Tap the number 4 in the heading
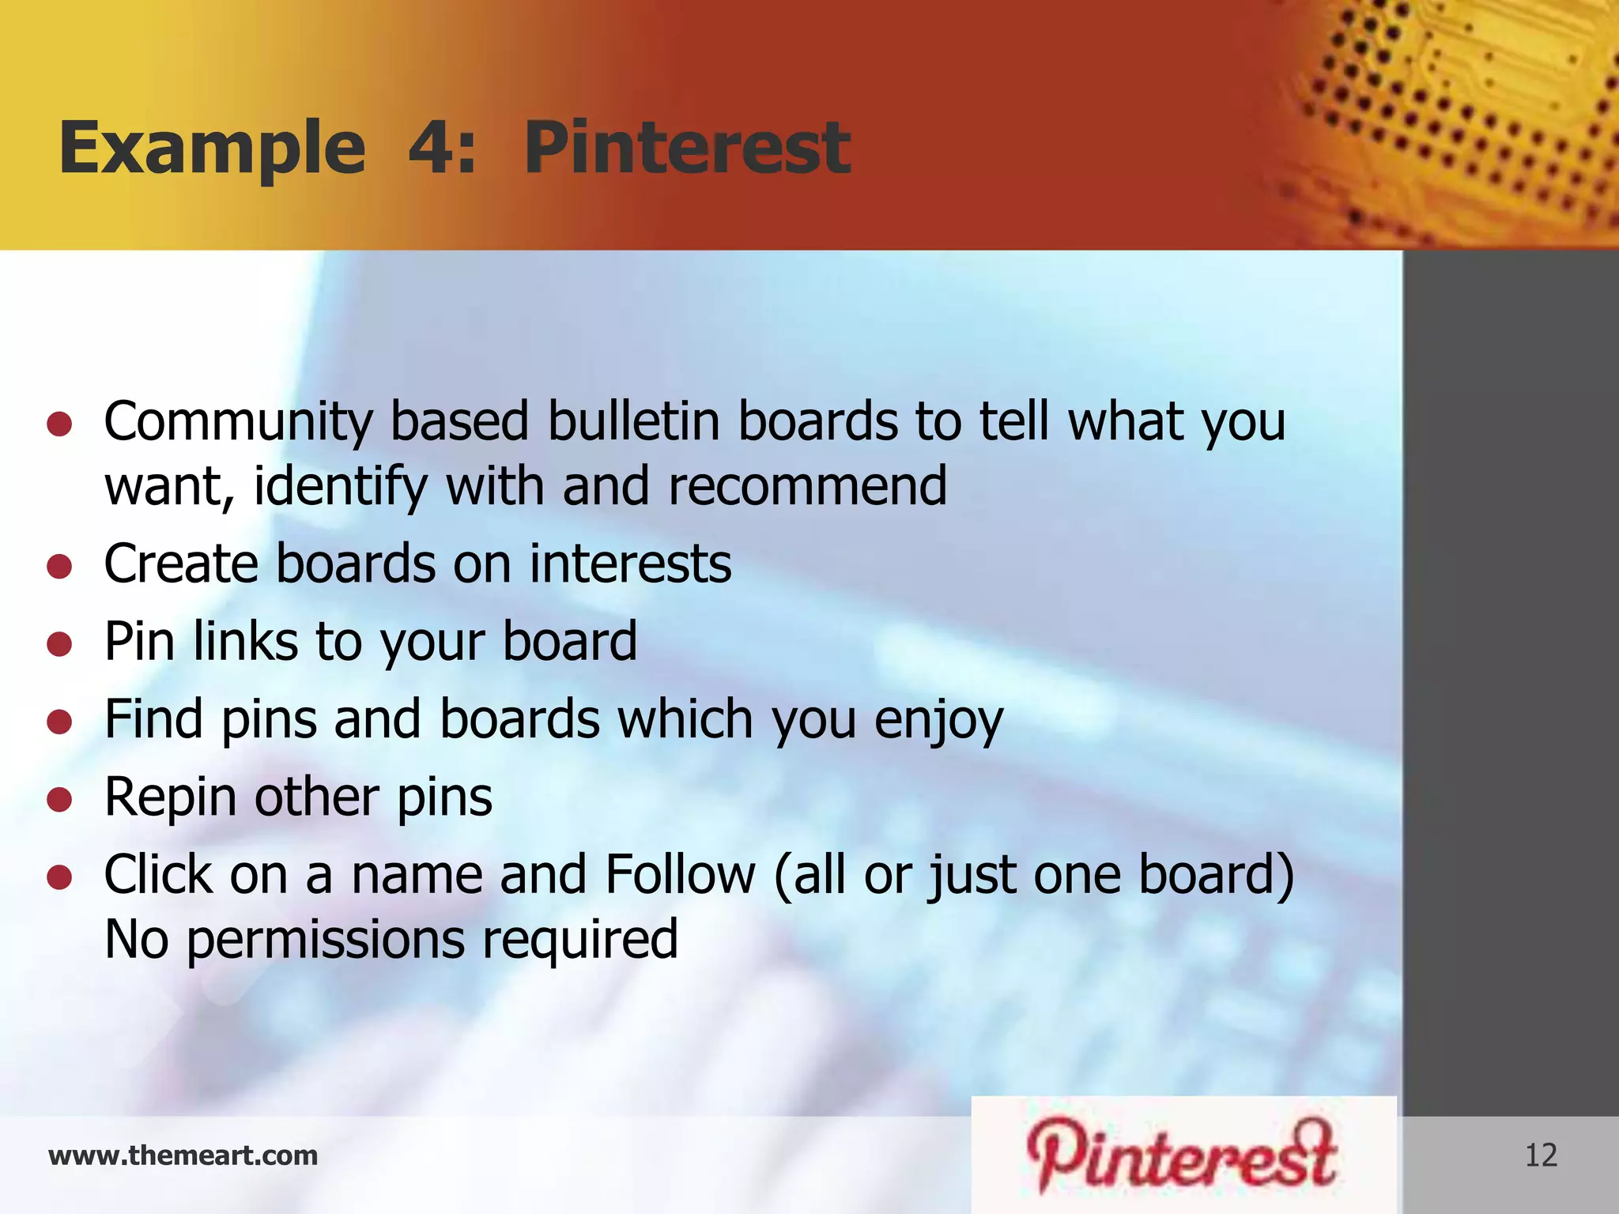[x=432, y=148]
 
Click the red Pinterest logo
[x=1182, y=1155]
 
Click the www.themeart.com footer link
[x=183, y=1156]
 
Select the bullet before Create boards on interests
[x=59, y=566]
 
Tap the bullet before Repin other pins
[x=59, y=799]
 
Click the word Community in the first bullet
[x=238, y=422]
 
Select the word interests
[x=630, y=564]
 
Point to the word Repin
[x=170, y=798]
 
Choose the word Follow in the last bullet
[x=681, y=875]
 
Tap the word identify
[x=341, y=488]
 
